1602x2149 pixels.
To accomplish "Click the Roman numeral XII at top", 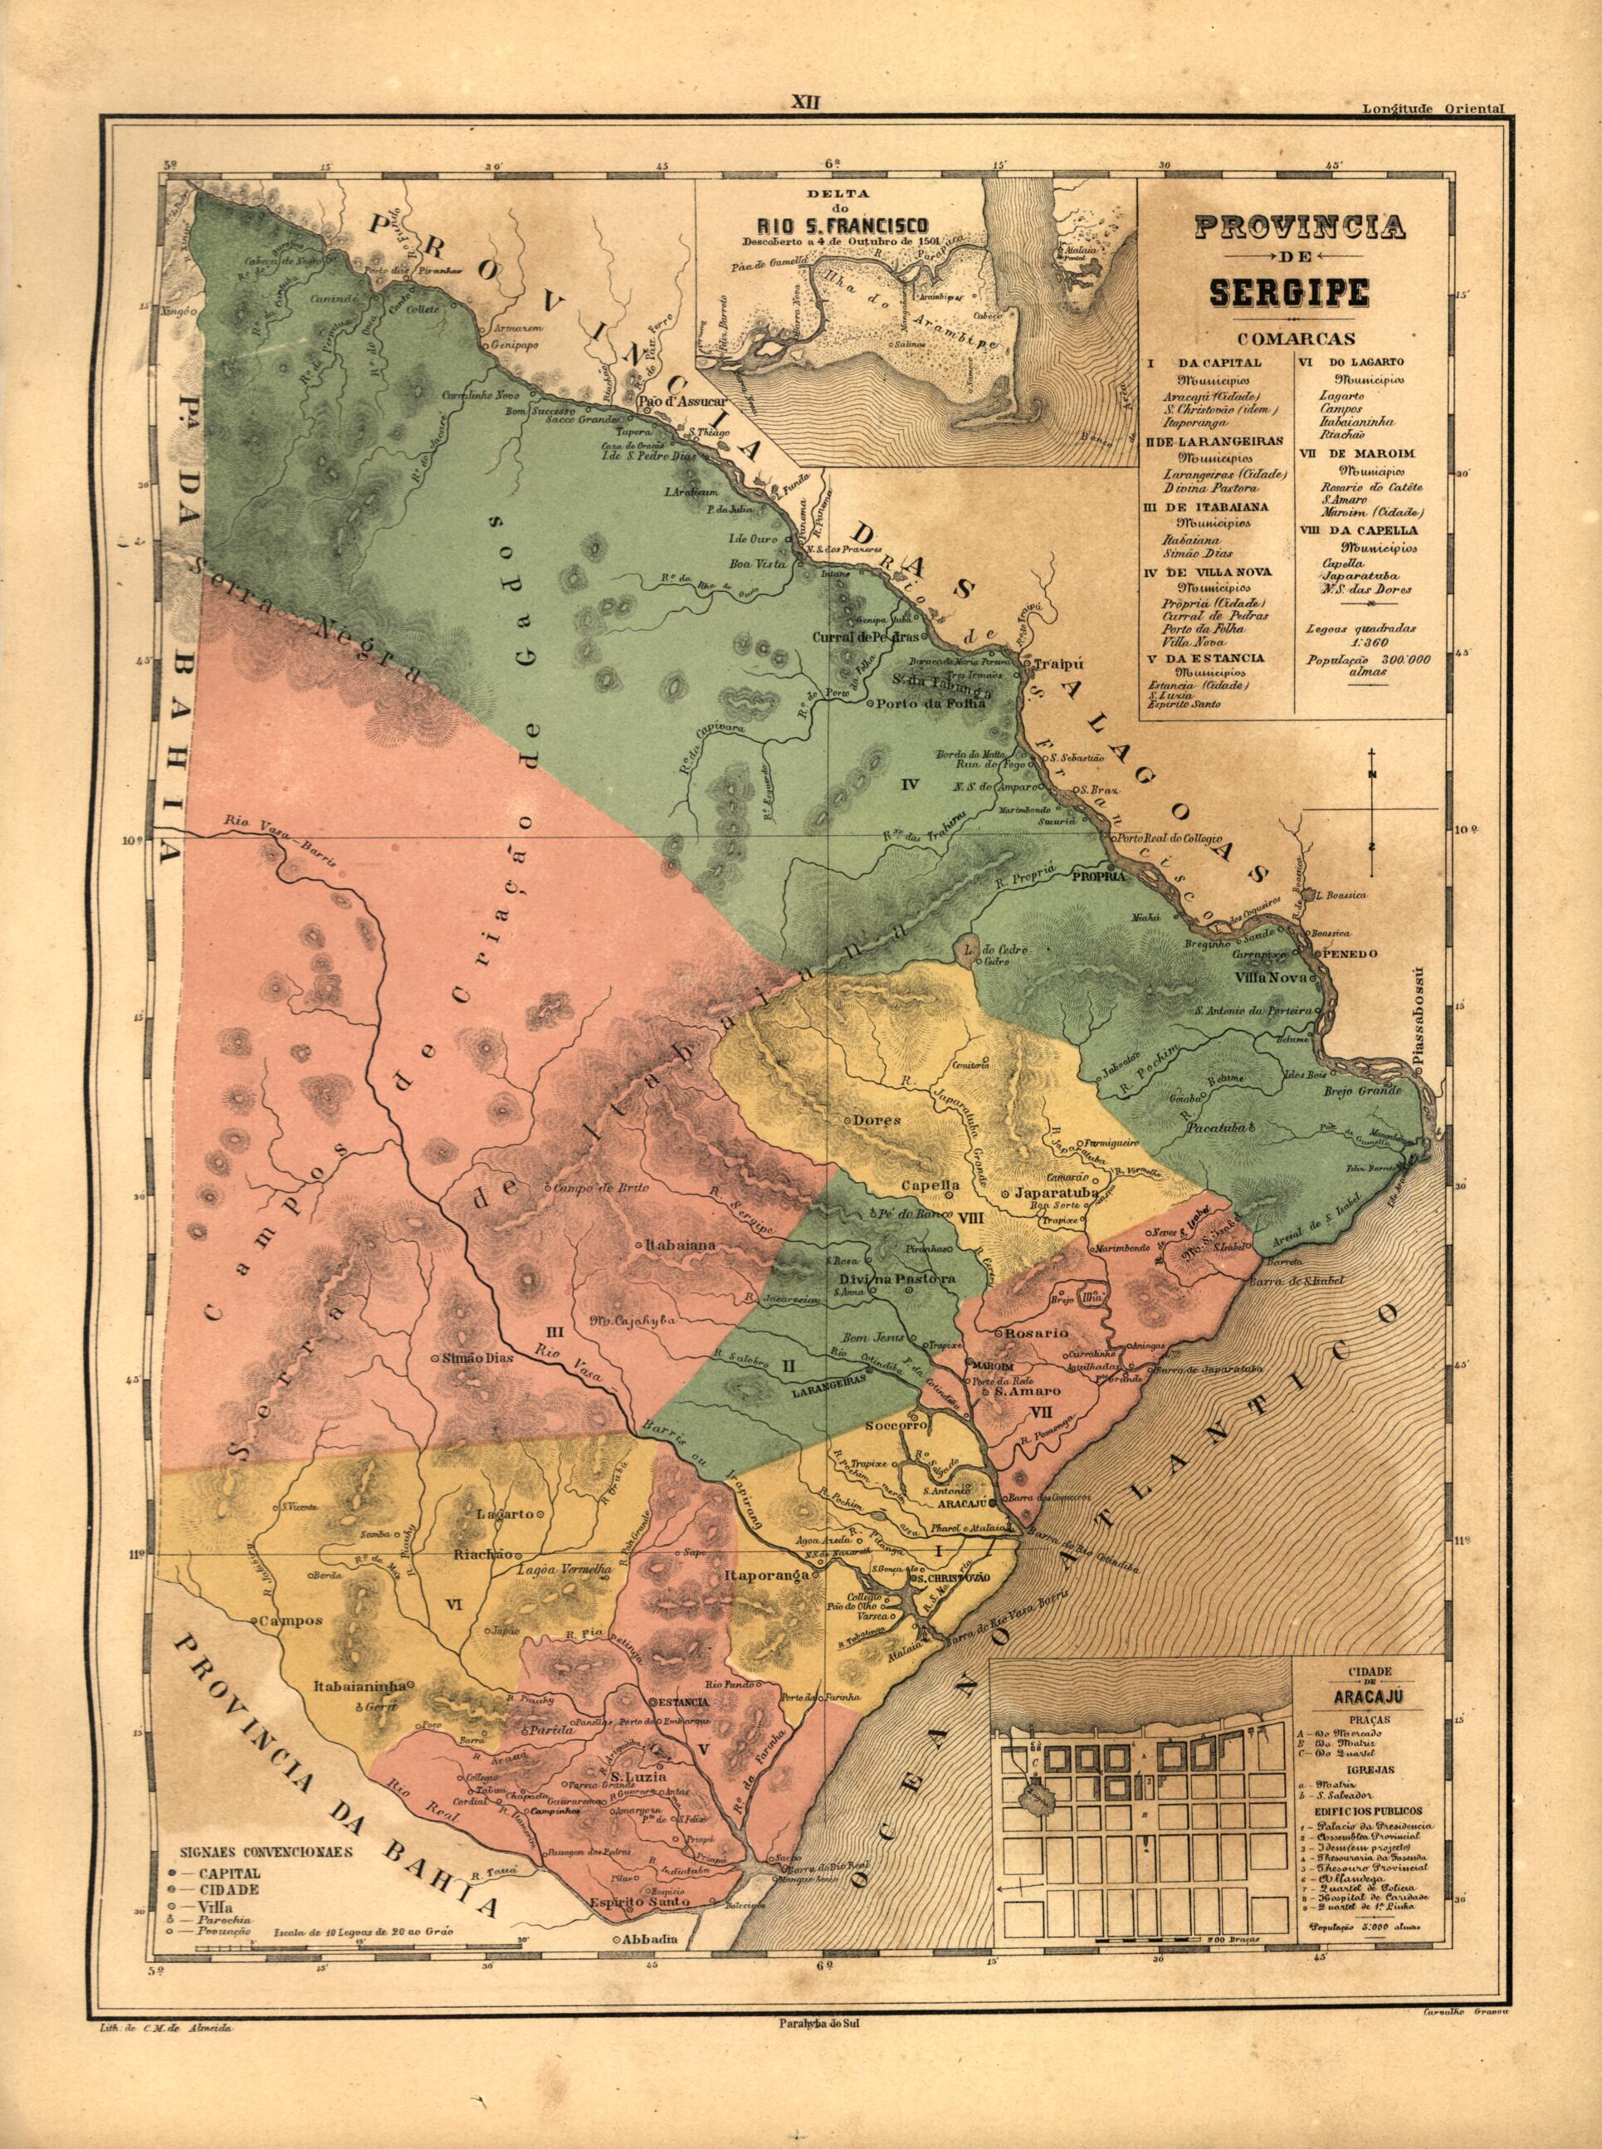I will [805, 102].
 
